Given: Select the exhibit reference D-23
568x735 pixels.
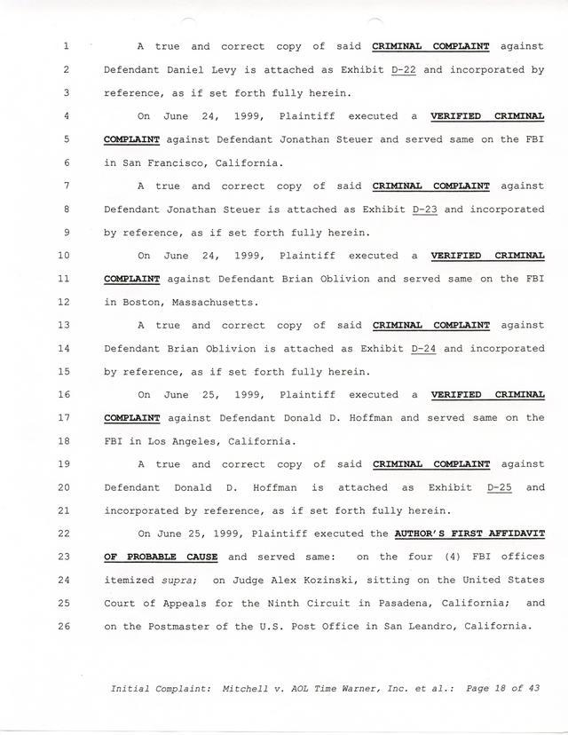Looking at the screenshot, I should coord(426,209).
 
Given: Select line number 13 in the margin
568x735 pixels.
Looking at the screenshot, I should coord(64,325).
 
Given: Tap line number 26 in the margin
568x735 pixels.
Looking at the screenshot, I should coord(64,627).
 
